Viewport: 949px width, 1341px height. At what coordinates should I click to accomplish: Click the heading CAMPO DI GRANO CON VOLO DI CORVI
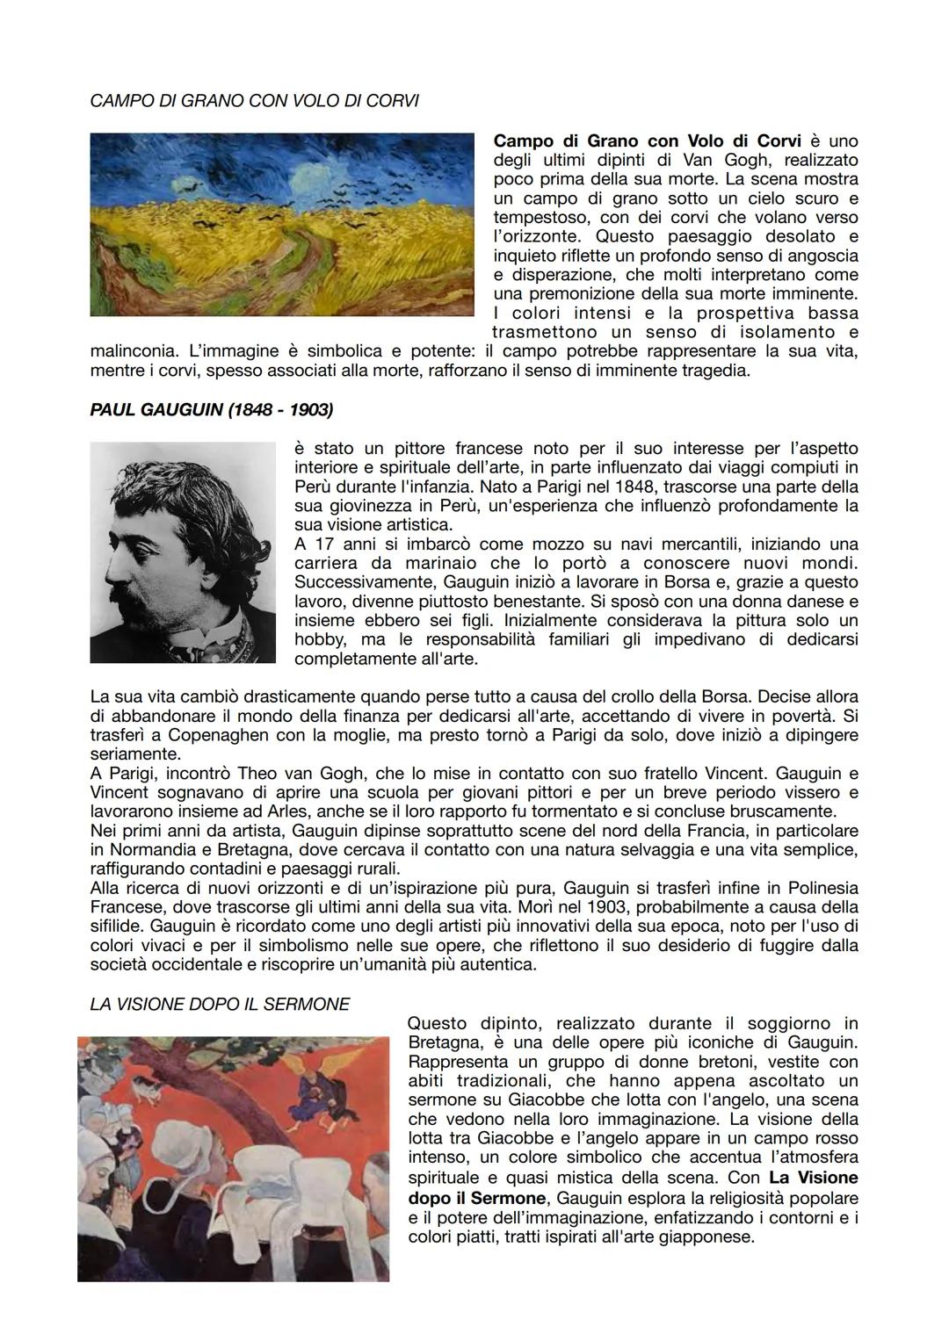254,101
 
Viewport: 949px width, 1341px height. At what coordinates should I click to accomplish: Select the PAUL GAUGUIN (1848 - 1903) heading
212,410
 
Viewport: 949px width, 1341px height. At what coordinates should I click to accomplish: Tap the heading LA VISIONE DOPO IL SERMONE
220,1004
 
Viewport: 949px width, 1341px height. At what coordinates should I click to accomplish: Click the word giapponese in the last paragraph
712,1236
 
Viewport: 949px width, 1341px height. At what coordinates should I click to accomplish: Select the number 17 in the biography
322,544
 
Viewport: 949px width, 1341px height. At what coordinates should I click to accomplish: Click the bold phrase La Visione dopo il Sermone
633,1187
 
